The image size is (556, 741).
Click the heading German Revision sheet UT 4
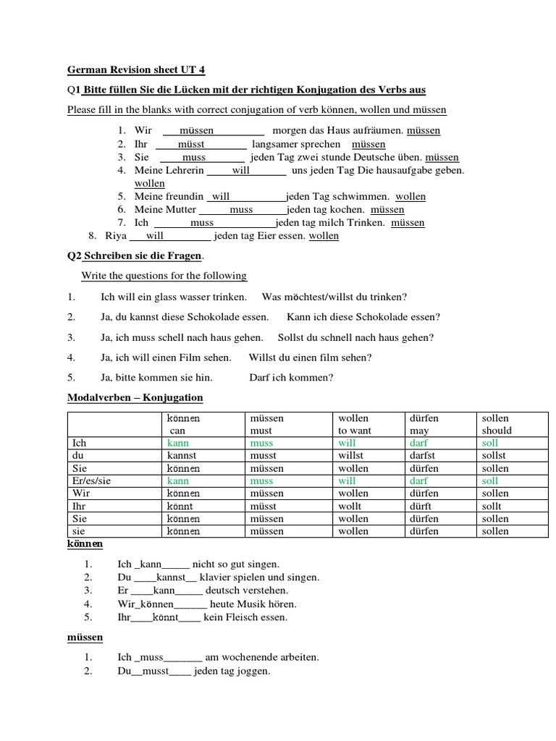(x=136, y=70)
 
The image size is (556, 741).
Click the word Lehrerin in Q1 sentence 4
(x=185, y=170)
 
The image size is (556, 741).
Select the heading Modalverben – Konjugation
(x=135, y=398)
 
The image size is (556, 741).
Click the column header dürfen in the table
(x=424, y=418)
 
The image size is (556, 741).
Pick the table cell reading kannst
(x=183, y=456)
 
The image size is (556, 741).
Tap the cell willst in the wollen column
(x=353, y=456)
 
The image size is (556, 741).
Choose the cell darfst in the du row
(x=424, y=456)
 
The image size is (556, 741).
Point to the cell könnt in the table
(x=181, y=507)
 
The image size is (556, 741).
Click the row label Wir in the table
(x=80, y=494)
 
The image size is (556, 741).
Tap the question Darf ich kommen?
(x=291, y=377)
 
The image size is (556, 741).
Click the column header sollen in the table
(x=496, y=418)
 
